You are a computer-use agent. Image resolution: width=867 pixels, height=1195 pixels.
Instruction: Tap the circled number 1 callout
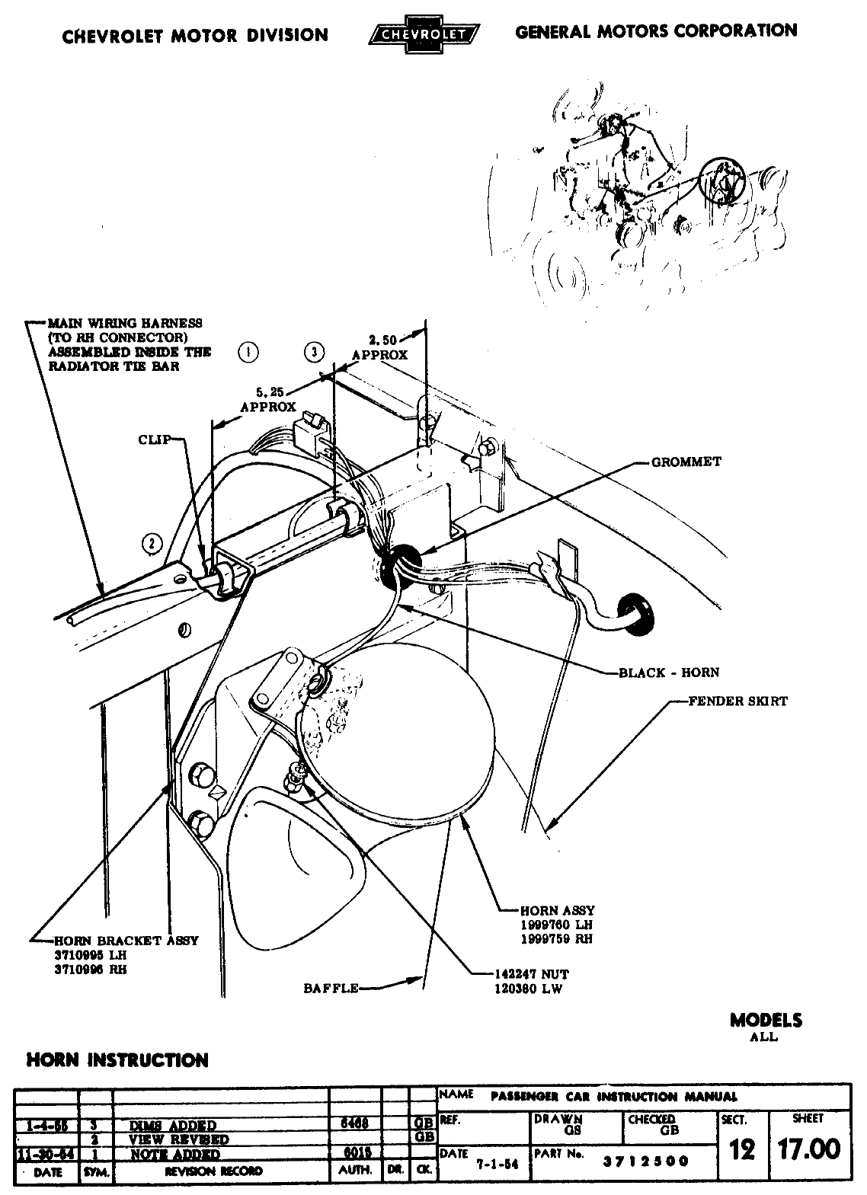tap(248, 352)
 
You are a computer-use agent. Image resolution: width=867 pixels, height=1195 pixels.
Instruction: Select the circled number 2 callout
tap(152, 542)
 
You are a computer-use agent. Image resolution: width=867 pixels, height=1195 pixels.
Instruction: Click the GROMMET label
tap(686, 462)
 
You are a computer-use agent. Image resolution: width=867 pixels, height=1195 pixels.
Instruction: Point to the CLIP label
tap(154, 439)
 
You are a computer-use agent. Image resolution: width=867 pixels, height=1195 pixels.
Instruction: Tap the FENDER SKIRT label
tap(737, 701)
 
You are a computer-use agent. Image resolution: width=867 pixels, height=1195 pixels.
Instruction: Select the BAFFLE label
tap(331, 988)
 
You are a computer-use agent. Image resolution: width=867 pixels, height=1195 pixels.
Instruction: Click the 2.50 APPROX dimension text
tap(379, 347)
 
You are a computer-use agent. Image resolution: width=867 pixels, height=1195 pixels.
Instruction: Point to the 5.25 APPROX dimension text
tap(268, 400)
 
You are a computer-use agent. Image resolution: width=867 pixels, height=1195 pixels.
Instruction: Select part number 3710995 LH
tap(90, 954)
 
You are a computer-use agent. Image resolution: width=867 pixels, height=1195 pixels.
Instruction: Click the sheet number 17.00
tap(808, 1149)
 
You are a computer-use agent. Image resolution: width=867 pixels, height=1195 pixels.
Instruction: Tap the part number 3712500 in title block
tap(645, 1161)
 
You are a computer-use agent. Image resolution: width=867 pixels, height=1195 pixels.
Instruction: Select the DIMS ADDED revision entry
tap(173, 1126)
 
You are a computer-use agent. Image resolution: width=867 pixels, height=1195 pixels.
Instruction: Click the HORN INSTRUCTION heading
tap(117, 1060)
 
